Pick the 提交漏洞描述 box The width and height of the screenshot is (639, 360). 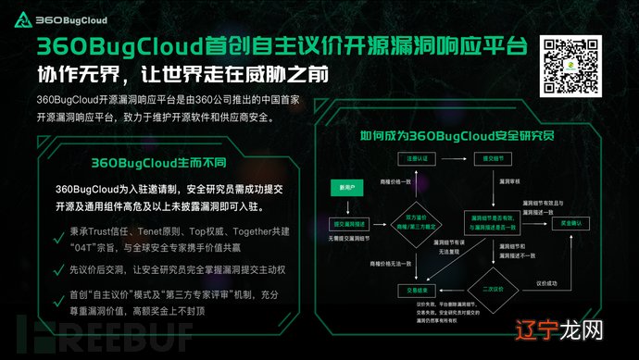tap(349, 224)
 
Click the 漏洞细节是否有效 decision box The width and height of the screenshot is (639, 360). tap(494, 223)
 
